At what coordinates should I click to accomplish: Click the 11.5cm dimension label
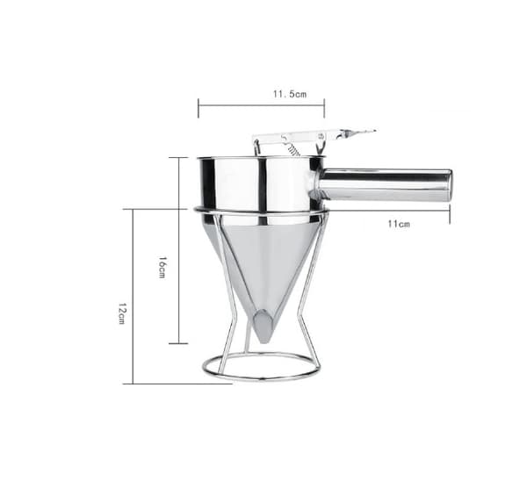tap(289, 94)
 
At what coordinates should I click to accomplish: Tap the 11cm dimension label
tap(399, 224)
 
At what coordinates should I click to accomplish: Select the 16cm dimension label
tap(162, 268)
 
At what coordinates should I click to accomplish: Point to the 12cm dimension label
tap(121, 313)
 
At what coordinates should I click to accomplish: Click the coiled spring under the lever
tap(292, 149)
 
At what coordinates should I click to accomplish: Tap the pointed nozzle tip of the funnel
tap(263, 340)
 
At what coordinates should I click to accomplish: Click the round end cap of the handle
tap(449, 185)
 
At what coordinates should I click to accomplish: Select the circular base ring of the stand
tap(261, 377)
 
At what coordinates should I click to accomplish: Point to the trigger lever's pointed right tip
tap(374, 131)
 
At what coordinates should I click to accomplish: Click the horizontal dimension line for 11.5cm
tap(261, 105)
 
